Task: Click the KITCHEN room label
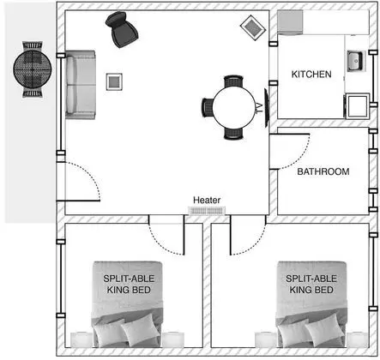click(x=311, y=75)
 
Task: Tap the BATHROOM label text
click(x=323, y=171)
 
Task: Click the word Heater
click(x=207, y=200)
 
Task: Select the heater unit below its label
click(x=207, y=211)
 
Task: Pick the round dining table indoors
click(x=233, y=107)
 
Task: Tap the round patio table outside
click(x=33, y=69)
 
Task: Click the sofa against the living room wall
click(x=81, y=85)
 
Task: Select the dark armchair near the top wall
click(x=122, y=29)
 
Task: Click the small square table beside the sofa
click(x=114, y=82)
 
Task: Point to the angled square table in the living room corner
click(x=253, y=27)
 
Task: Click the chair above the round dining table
click(x=233, y=81)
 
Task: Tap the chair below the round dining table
click(x=233, y=134)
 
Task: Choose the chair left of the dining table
click(x=208, y=107)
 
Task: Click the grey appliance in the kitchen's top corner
click(x=290, y=22)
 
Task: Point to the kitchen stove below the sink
click(x=357, y=106)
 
